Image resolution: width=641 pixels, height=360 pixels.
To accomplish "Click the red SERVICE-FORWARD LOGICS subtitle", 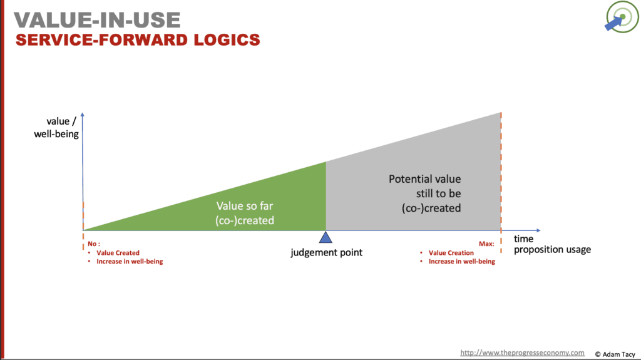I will (x=138, y=40).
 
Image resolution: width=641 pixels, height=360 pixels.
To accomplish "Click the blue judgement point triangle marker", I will (x=326, y=237).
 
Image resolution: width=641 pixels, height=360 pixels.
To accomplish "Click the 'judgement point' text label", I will (x=326, y=252).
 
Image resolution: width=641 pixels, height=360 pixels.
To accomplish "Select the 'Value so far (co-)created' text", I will (x=245, y=213).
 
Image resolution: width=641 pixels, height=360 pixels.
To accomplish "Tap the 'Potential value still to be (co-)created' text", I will (x=425, y=193).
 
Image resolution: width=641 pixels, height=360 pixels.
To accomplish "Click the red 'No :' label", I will (x=94, y=245).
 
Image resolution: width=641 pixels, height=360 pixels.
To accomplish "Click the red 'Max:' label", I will (x=486, y=245).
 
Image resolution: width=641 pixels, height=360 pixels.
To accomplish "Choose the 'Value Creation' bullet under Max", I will (x=451, y=253).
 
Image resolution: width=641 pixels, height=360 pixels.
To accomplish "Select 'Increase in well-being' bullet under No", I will (x=130, y=261).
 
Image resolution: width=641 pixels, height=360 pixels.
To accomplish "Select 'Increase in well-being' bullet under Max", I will (x=462, y=261).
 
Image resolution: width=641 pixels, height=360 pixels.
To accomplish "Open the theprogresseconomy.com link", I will (x=522, y=352).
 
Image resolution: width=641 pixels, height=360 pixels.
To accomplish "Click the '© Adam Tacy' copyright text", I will (x=615, y=353).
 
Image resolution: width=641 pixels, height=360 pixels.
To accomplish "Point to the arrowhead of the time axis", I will (x=538, y=230).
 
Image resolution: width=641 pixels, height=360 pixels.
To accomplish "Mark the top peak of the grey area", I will (x=500, y=113).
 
